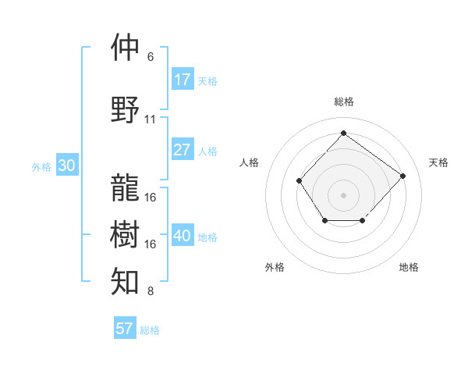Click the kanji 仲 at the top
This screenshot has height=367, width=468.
125,48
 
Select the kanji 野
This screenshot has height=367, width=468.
125,110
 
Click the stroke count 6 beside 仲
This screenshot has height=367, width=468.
151,57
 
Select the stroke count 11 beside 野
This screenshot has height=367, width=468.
151,119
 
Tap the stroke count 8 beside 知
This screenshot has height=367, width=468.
151,292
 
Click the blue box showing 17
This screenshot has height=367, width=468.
183,80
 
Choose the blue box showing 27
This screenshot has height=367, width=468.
183,150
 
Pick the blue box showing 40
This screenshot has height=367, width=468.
183,236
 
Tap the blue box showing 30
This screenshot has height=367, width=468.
66,166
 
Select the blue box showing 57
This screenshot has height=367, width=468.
125,329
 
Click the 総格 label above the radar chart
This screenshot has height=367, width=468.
343,102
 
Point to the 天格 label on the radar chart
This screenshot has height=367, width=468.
438,162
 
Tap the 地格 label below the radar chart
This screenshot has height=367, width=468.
409,267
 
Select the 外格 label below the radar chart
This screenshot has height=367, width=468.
275,267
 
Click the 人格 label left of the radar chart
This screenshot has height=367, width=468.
249,162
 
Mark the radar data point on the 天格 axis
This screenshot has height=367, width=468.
402,176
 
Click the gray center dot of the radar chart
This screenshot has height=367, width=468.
343,194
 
